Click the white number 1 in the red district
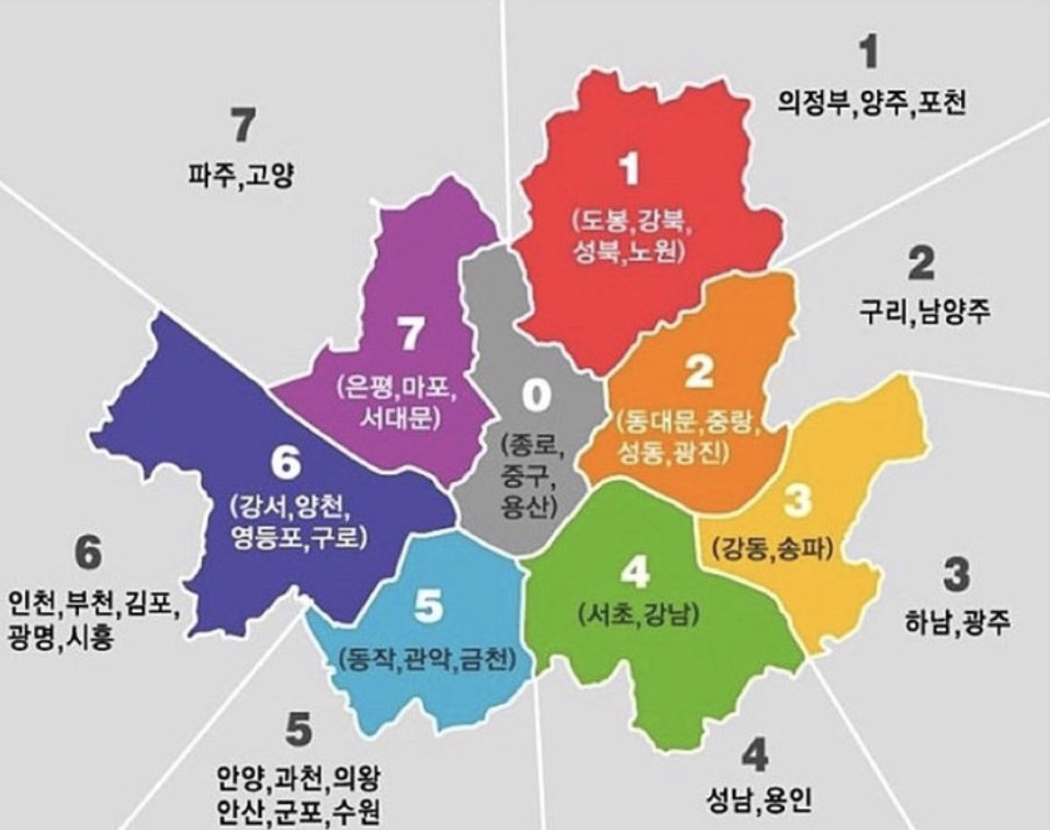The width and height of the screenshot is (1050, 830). pos(631,170)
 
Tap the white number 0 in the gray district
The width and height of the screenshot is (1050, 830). pos(535,395)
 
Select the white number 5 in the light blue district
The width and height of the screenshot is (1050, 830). pos(428,608)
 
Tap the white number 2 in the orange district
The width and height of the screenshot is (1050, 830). pos(698,371)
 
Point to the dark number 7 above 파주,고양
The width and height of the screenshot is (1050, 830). pos(240,126)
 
